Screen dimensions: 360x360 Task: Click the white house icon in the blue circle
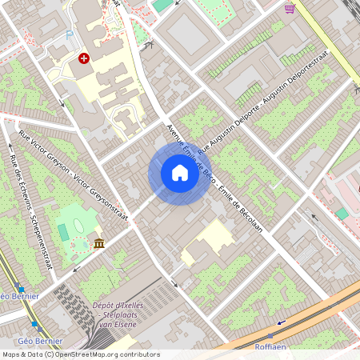coord(179,173)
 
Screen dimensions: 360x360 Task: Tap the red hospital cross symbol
coord(83,59)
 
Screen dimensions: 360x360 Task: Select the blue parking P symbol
coord(70,34)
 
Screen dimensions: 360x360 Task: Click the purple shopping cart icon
coord(290,9)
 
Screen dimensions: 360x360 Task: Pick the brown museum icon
coord(98,243)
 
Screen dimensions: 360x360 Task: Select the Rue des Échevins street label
coord(30,210)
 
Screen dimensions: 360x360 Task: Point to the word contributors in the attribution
coord(138,354)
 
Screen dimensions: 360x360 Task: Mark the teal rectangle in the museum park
coord(63,231)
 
